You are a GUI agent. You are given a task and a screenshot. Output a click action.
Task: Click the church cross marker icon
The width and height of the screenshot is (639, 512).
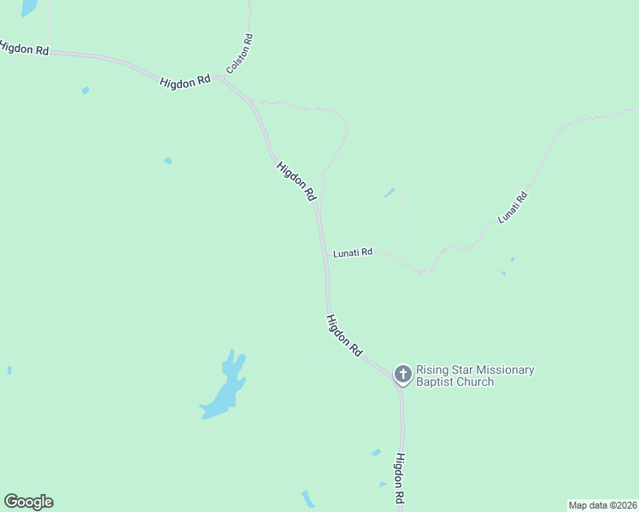(x=402, y=374)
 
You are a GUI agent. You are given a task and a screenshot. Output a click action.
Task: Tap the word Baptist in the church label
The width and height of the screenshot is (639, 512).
(x=435, y=382)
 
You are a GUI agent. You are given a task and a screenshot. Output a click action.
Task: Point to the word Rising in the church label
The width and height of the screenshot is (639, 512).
(x=432, y=369)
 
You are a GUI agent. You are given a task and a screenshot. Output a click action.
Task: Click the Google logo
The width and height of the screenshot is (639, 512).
(x=28, y=502)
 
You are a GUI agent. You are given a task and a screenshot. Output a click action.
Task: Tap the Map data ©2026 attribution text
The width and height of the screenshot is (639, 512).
(x=602, y=504)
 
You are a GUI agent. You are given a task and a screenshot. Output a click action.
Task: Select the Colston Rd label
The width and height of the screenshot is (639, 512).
(x=240, y=53)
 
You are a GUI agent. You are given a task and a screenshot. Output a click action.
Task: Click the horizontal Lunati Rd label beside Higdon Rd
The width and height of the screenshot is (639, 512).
(x=353, y=253)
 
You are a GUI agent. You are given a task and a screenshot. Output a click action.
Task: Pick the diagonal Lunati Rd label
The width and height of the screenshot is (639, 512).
(x=513, y=208)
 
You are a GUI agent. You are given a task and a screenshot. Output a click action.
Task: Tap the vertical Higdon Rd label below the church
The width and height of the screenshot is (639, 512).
(x=399, y=479)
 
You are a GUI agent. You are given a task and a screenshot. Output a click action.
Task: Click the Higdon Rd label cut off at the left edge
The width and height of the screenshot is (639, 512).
(x=23, y=49)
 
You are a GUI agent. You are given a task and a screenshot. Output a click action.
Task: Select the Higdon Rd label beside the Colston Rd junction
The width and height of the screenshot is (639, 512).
(x=185, y=81)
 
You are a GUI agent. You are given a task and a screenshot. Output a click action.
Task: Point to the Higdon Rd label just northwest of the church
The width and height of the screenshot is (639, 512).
(x=344, y=335)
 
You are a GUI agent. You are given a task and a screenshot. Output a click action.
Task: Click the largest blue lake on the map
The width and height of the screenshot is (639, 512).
(x=225, y=388)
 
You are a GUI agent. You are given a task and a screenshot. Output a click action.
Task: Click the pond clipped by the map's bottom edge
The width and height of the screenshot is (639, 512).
(x=308, y=500)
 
